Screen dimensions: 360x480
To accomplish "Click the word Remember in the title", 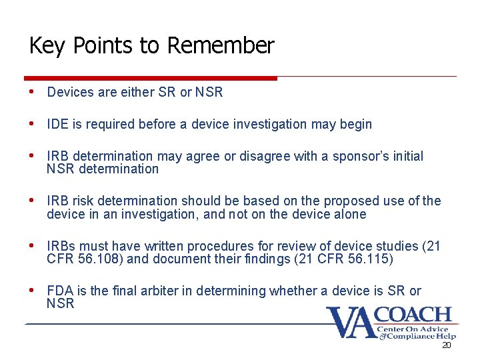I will pyautogui.click(x=221, y=46).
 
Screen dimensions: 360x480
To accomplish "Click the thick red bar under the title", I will pyautogui.click(x=150, y=78).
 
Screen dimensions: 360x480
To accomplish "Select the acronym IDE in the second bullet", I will pyautogui.click(x=57, y=124).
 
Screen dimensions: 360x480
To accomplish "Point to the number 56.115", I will pyautogui.click(x=361, y=259).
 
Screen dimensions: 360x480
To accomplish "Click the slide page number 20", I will pyautogui.click(x=447, y=346).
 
